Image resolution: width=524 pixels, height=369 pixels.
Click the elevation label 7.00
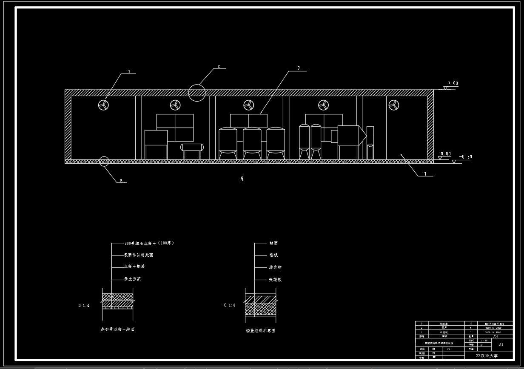point(453,84)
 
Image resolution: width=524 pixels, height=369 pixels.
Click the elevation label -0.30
point(465,157)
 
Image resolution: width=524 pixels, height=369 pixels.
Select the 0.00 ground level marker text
point(445,154)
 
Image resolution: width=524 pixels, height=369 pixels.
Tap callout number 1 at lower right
point(424,173)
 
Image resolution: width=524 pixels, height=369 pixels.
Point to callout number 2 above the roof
point(299,68)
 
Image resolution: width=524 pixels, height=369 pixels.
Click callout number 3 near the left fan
point(129,72)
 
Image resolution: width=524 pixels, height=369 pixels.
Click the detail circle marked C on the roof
point(197,93)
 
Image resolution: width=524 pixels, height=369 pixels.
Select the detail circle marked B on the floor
point(104,161)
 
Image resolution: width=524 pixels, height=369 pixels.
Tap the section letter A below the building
point(242,179)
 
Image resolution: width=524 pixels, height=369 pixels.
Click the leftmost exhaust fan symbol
point(103,105)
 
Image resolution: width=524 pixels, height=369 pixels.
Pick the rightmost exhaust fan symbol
point(394,105)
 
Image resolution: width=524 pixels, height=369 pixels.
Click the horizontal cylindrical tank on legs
point(192,147)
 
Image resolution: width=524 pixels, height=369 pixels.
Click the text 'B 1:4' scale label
point(84,306)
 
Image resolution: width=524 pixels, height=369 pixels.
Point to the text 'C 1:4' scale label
point(230,305)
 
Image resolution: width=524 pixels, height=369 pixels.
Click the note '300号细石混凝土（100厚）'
point(149,243)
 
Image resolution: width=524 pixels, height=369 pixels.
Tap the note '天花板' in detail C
point(275,280)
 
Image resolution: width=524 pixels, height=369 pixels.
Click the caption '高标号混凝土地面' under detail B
point(117,329)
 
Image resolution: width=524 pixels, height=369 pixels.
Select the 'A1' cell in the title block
point(501,345)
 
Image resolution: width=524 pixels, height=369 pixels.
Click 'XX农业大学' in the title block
point(487,355)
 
